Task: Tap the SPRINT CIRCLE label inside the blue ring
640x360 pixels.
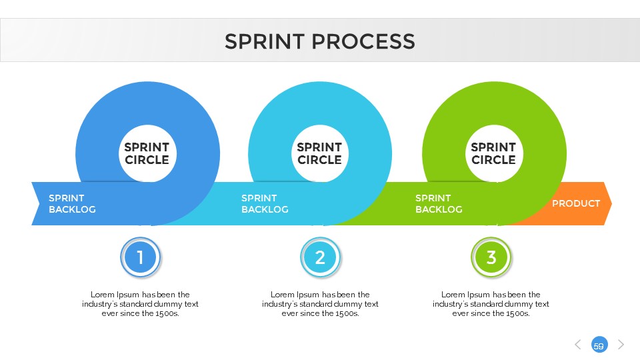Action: (147, 153)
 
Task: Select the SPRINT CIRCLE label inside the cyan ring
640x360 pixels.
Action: (319, 153)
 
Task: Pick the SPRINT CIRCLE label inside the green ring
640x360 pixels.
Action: (493, 153)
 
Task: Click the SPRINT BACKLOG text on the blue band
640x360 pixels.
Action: (72, 203)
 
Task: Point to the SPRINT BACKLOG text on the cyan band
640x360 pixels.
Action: (265, 203)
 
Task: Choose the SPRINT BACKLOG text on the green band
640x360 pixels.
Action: (439, 203)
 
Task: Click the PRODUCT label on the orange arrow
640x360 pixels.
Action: (576, 203)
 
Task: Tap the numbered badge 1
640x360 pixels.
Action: (141, 257)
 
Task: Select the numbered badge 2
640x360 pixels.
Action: (320, 257)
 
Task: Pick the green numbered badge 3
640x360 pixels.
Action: (491, 257)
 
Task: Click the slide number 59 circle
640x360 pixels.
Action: (599, 345)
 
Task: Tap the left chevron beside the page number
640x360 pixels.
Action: (578, 345)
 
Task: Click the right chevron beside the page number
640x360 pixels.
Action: (621, 345)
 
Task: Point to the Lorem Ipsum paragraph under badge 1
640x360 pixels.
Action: (140, 303)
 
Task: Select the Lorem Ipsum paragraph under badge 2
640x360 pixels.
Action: (320, 303)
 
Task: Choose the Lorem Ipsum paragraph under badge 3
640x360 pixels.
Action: (491, 303)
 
